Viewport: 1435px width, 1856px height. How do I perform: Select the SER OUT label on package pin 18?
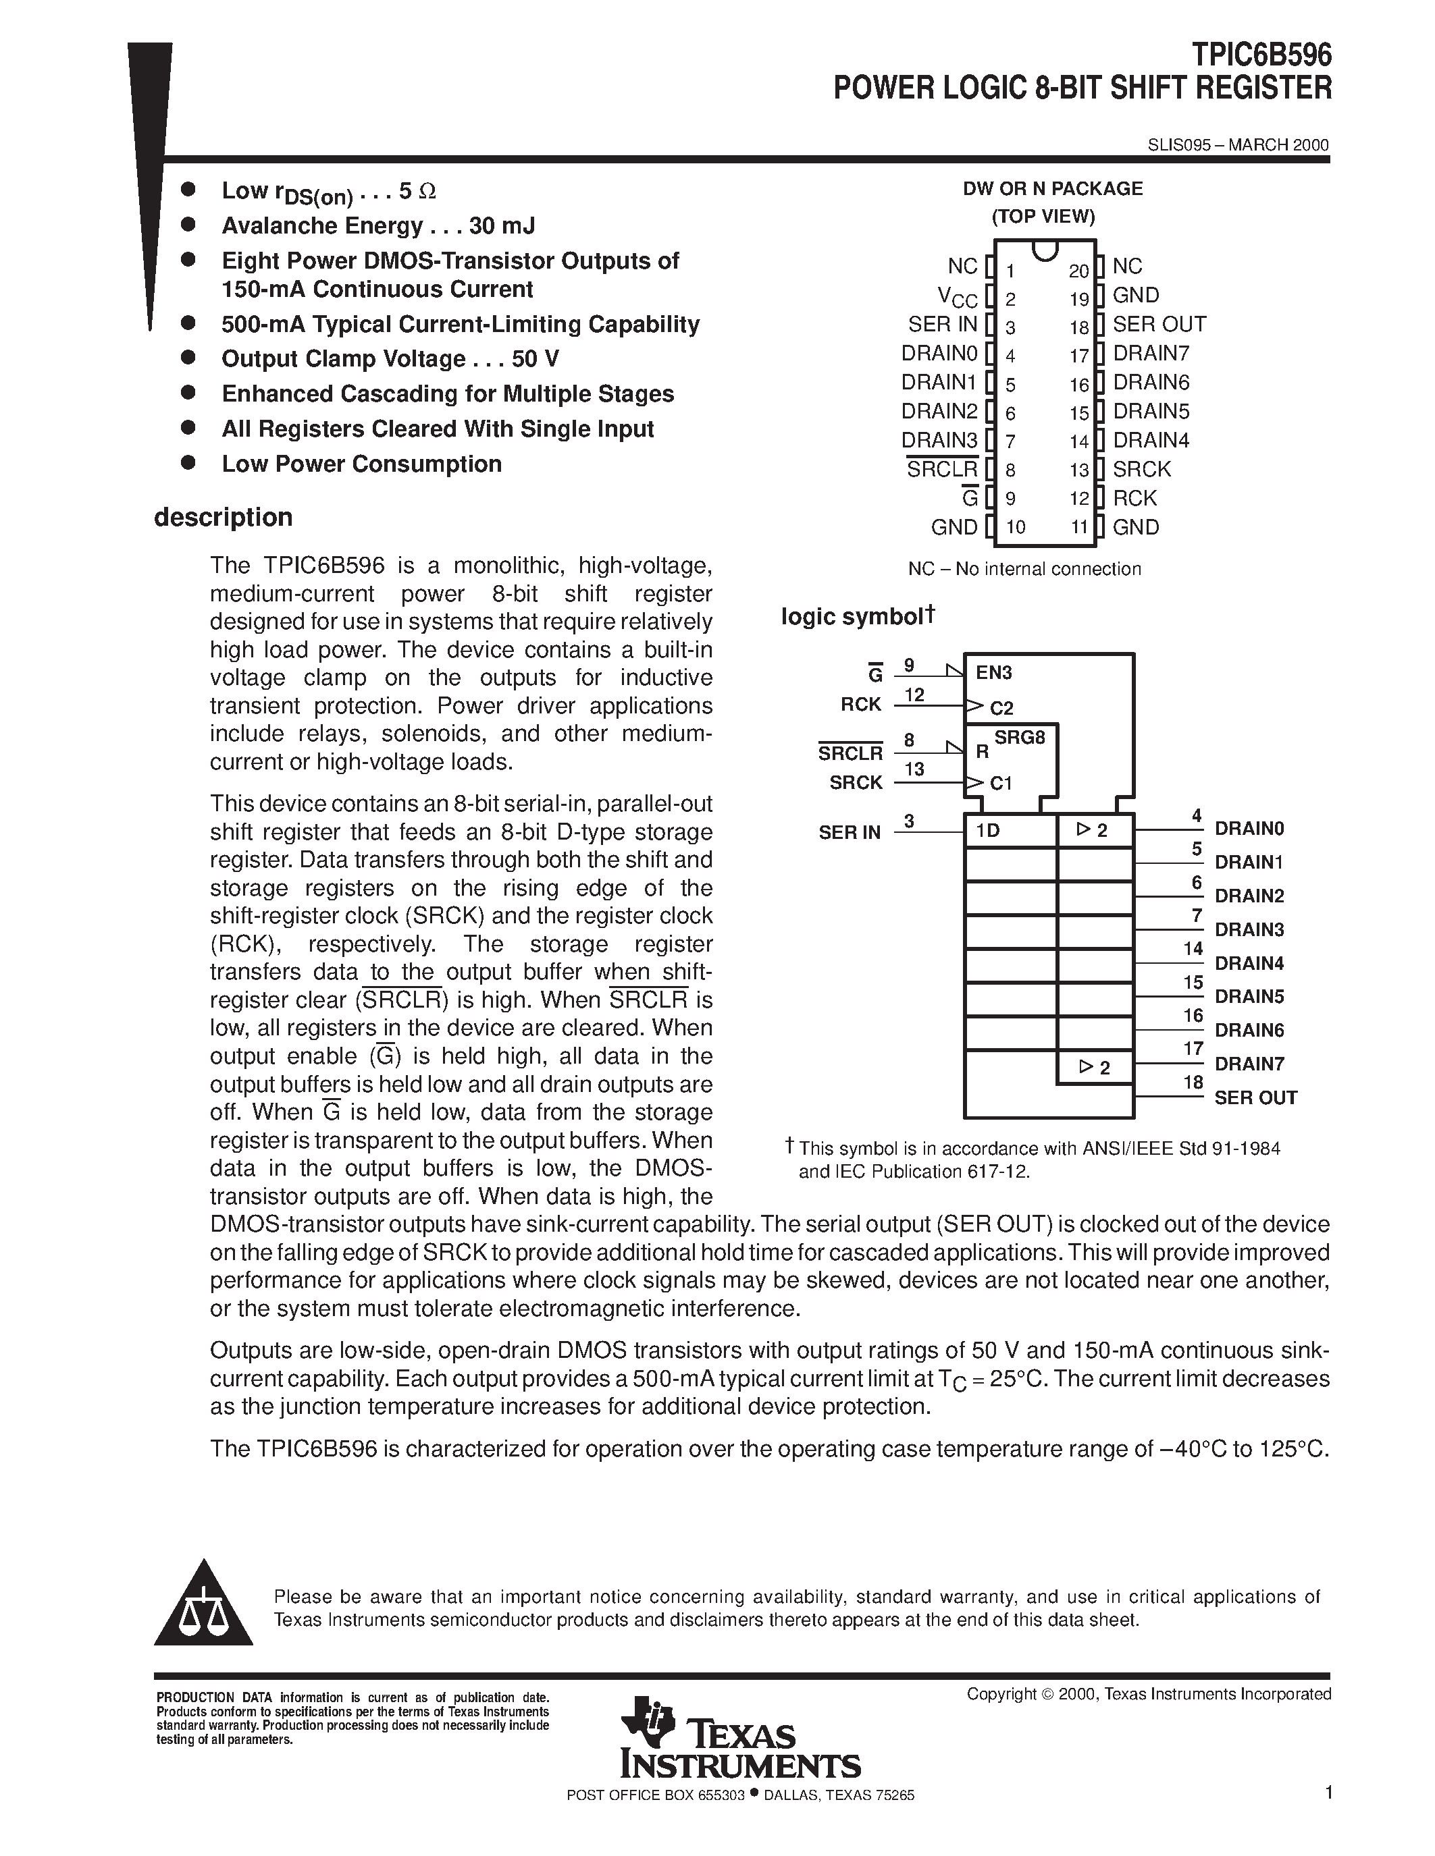click(1159, 325)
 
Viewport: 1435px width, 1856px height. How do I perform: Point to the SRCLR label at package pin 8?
click(942, 469)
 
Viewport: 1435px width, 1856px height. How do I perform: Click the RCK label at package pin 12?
click(1135, 498)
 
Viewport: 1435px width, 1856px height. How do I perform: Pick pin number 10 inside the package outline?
click(1015, 527)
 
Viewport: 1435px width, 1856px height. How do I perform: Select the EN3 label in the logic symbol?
click(994, 673)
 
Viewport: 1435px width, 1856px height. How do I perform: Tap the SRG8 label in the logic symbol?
click(1019, 738)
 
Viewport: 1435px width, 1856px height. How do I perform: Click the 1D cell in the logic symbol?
click(988, 830)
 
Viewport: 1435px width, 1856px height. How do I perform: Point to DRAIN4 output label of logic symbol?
click(1249, 964)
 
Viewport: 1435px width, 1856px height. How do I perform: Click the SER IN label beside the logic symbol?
click(850, 833)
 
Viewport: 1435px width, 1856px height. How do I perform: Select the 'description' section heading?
click(223, 517)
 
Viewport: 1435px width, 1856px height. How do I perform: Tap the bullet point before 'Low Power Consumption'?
click(188, 463)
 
